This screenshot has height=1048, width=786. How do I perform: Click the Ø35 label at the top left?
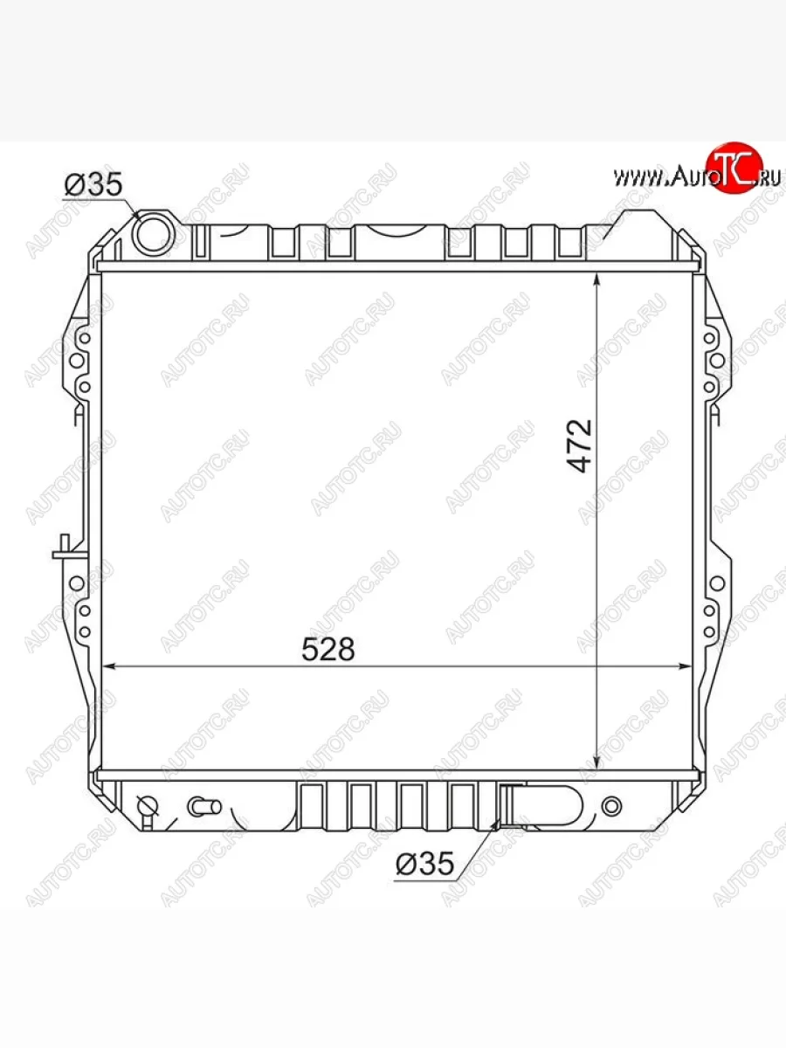(93, 184)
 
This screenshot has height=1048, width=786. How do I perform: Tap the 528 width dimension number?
(328, 649)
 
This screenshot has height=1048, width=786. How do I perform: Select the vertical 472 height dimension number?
(580, 446)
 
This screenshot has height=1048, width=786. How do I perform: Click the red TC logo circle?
(734, 167)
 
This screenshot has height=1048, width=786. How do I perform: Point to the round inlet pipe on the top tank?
(154, 234)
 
